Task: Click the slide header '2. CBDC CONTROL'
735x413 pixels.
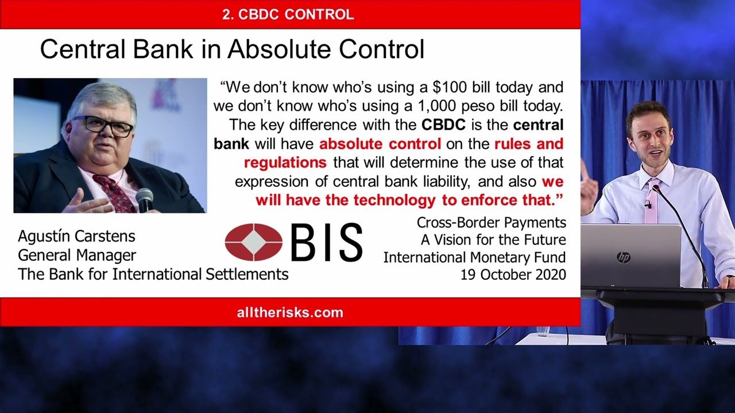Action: (x=288, y=14)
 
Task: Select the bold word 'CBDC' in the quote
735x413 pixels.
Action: (x=443, y=125)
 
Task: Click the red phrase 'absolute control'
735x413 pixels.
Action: (x=380, y=143)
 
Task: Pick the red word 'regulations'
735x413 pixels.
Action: (x=285, y=162)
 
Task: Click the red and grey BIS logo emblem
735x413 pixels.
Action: (x=254, y=242)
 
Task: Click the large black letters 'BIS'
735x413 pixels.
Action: (x=327, y=242)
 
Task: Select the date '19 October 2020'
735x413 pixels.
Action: (x=513, y=275)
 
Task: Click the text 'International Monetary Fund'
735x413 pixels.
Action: (x=474, y=258)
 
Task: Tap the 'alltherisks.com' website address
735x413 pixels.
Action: (x=290, y=313)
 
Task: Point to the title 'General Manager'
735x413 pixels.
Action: (x=77, y=255)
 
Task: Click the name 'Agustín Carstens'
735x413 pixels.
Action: (x=76, y=236)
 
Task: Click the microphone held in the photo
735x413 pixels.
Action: (x=144, y=201)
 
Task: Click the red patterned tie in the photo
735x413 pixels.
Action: (x=114, y=194)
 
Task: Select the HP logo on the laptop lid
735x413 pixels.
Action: (x=624, y=258)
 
